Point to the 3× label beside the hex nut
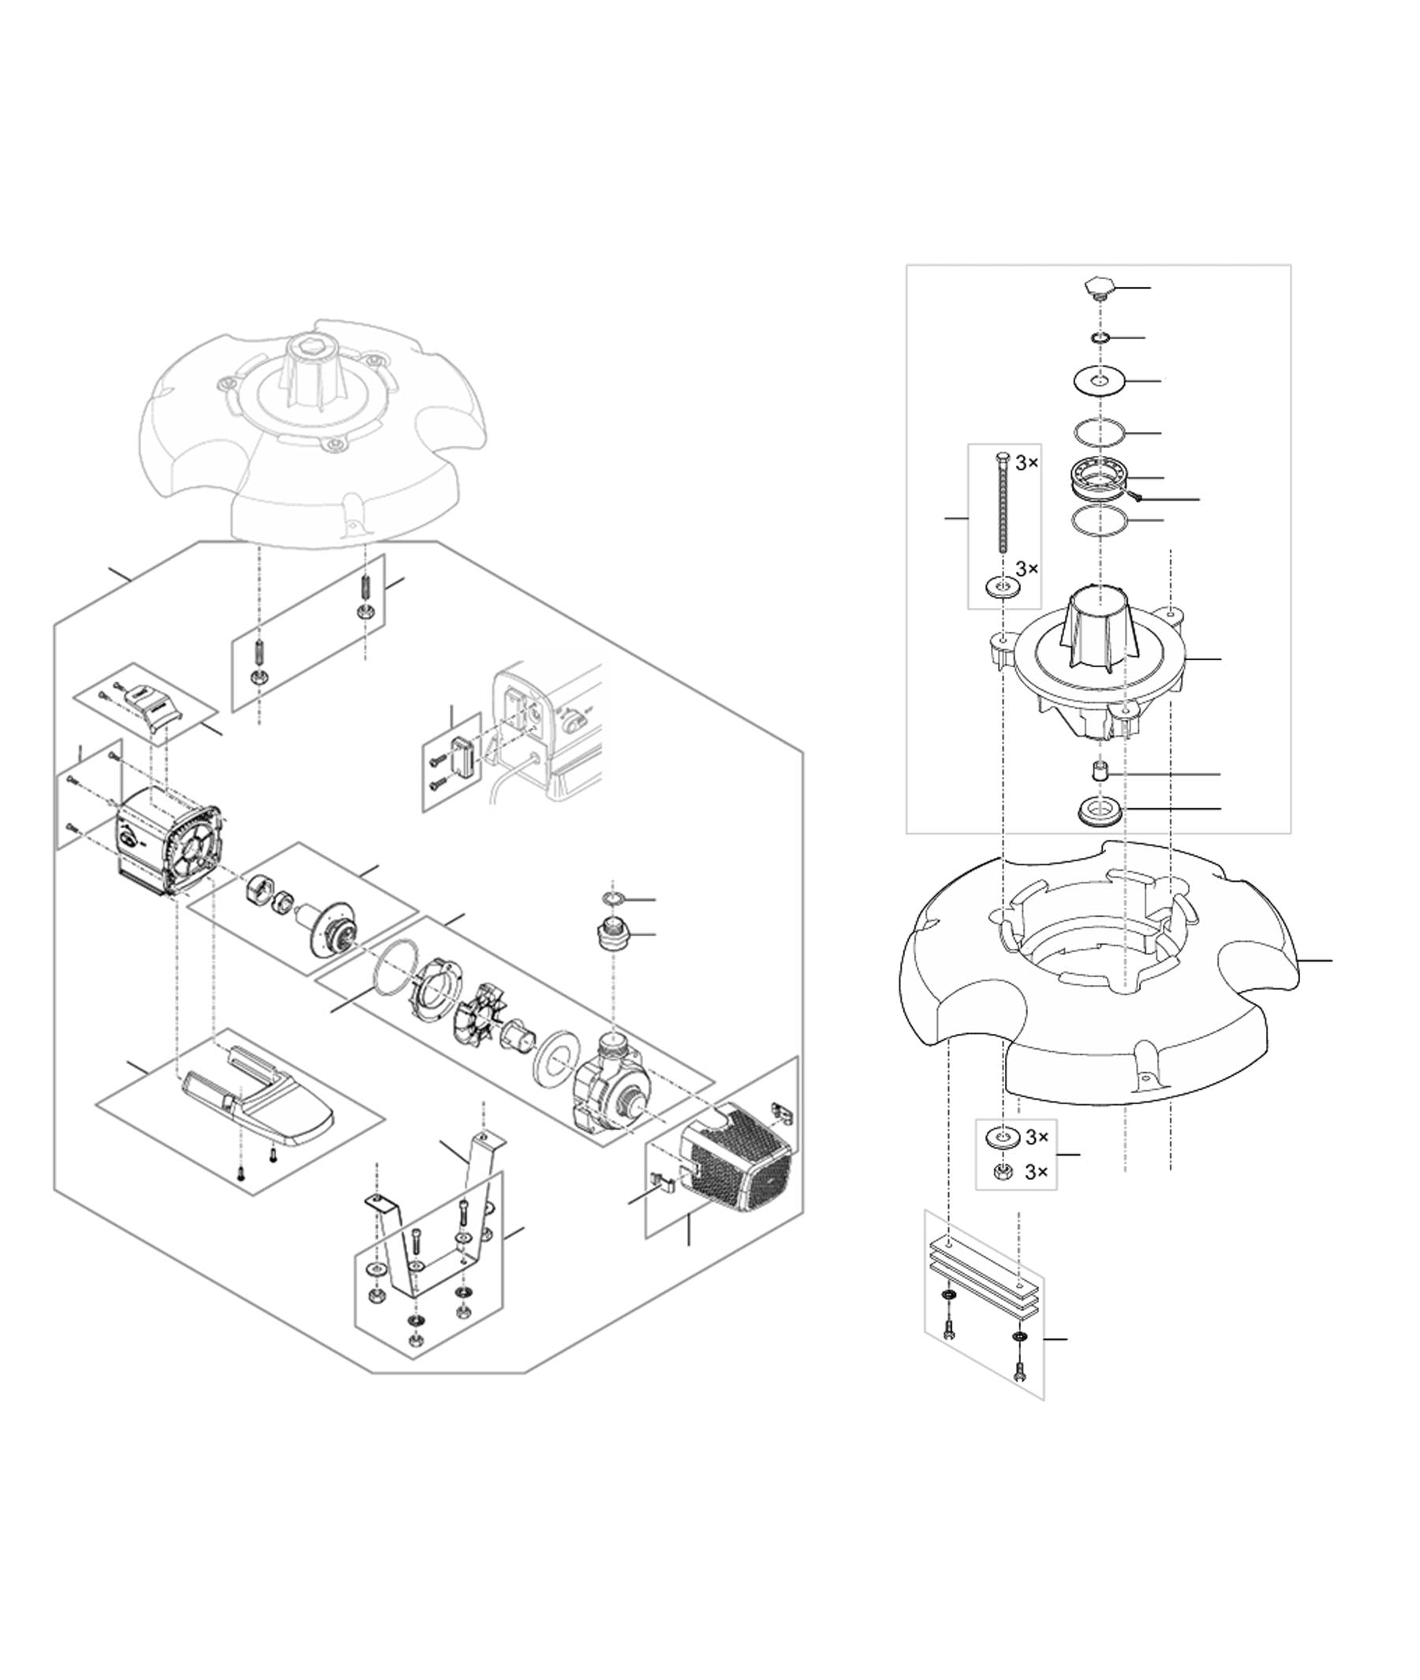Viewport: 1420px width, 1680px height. click(1036, 1172)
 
